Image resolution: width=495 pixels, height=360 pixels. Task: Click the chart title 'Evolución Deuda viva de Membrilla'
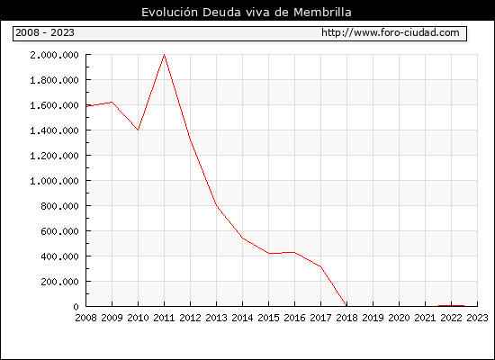click(247, 12)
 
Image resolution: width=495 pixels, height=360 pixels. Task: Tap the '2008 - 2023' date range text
click(45, 32)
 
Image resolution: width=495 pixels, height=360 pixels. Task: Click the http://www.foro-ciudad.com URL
click(391, 32)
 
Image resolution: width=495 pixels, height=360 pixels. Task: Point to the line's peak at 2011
click(164, 55)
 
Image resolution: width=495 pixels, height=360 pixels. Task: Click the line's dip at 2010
click(138, 130)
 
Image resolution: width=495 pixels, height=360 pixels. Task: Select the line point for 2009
click(112, 102)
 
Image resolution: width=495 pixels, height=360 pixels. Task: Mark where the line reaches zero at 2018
click(346, 306)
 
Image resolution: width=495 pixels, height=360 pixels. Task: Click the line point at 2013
click(216, 205)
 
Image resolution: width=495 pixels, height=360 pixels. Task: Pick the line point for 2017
click(320, 266)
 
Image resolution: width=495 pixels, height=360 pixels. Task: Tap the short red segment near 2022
click(452, 305)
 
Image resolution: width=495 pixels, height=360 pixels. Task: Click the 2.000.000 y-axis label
click(54, 55)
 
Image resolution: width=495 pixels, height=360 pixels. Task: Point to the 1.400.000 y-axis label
click(54, 130)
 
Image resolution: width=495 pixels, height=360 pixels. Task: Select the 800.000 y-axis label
click(59, 206)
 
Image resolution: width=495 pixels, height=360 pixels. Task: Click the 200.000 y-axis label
click(59, 282)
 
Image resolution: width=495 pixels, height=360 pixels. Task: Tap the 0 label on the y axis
click(76, 307)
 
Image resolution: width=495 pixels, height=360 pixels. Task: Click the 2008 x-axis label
click(85, 318)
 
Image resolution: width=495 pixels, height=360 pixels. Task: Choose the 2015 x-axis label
click(269, 318)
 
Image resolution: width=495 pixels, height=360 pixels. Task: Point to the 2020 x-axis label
click(399, 318)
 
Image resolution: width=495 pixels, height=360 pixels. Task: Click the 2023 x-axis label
click(477, 318)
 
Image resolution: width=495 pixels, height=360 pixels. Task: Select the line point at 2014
click(242, 238)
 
